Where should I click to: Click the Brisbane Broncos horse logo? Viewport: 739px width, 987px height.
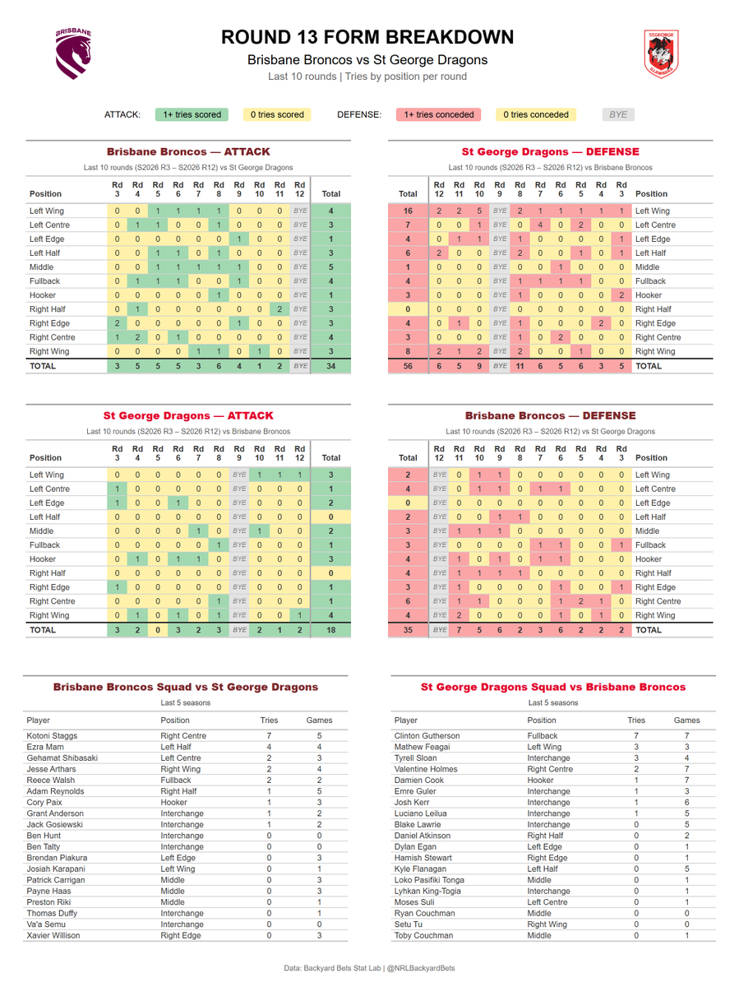[x=73, y=53]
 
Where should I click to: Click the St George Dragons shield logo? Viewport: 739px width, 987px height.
[x=661, y=54]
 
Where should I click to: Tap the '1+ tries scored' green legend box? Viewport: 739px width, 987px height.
[x=192, y=114]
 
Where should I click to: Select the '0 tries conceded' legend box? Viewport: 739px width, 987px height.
[x=536, y=114]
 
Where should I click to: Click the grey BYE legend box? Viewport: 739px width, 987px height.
[x=618, y=114]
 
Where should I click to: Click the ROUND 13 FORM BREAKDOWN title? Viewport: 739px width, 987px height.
[x=367, y=37]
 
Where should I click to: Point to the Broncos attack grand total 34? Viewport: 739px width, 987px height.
[x=331, y=366]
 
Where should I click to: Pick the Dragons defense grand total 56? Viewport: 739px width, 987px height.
[x=408, y=366]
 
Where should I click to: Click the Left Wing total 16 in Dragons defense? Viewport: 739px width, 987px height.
[x=408, y=211]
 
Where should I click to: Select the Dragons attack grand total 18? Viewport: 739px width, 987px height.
[x=331, y=630]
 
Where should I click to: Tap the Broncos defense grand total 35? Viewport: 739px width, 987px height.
[x=408, y=630]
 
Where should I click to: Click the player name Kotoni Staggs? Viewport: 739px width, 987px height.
[x=52, y=735]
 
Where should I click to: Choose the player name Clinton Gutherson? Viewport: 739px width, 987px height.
[x=427, y=735]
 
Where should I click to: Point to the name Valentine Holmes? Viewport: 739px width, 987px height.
[x=426, y=769]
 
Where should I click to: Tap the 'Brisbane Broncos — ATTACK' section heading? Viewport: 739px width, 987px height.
[x=188, y=151]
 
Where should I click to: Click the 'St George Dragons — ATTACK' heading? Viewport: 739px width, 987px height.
[x=188, y=415]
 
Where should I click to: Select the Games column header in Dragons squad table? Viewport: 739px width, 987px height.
[x=687, y=720]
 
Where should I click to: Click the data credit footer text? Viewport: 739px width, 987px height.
[x=369, y=968]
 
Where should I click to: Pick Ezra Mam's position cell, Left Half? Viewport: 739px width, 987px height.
[x=176, y=747]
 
